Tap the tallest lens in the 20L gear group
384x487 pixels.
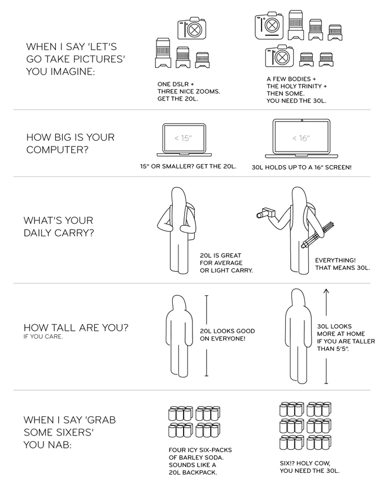163,53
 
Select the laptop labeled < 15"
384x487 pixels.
184,140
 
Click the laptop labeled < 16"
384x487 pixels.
302,139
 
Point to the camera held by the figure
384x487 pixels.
265,213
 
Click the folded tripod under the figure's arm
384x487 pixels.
317,235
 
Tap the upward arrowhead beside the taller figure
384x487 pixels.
326,291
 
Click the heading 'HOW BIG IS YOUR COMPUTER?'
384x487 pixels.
71,143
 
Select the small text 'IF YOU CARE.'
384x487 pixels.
43,337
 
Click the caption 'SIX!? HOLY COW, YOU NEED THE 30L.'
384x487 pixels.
309,467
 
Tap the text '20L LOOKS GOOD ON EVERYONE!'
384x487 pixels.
228,335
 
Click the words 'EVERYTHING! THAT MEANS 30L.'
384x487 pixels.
342,264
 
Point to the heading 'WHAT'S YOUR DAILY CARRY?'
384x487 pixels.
59,226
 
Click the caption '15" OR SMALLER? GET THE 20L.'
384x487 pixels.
188,166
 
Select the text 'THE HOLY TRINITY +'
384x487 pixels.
297,86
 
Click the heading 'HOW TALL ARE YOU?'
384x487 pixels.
76,327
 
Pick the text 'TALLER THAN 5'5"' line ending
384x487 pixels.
333,348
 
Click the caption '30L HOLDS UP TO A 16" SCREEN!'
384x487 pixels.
302,167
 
